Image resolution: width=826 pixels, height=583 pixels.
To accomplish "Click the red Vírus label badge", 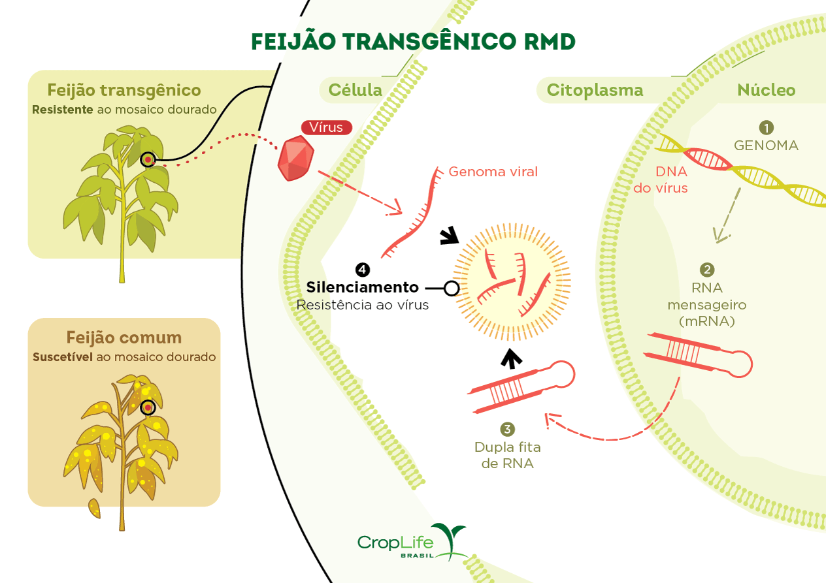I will pyautogui.click(x=326, y=127).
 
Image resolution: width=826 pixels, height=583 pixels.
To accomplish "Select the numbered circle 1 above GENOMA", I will pyautogui.click(x=766, y=127).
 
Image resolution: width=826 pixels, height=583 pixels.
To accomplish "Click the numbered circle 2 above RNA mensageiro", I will pyautogui.click(x=706, y=270).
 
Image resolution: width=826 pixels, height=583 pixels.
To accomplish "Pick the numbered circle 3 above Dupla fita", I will pyautogui.click(x=507, y=429).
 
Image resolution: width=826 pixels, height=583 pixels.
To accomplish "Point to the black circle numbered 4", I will pyautogui.click(x=362, y=269).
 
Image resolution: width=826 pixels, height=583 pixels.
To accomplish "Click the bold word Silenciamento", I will pyautogui.click(x=362, y=287).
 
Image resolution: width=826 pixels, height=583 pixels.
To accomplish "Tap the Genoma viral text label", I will pyautogui.click(x=493, y=172).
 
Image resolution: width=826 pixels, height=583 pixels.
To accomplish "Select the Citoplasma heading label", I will pyautogui.click(x=595, y=90).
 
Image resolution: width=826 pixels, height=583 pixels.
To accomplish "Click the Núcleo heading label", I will pyautogui.click(x=766, y=90).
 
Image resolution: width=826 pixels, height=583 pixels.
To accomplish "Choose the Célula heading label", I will pyautogui.click(x=355, y=90).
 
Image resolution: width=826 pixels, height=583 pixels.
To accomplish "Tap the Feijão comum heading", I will pyautogui.click(x=124, y=338).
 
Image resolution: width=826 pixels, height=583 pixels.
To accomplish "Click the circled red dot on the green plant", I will pyautogui.click(x=148, y=159).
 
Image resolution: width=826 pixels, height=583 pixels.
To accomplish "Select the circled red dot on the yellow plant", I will pyautogui.click(x=148, y=407).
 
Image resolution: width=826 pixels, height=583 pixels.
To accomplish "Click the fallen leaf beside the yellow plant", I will pyautogui.click(x=95, y=508).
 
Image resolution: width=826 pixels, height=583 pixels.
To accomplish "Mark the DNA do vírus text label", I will pyautogui.click(x=661, y=180).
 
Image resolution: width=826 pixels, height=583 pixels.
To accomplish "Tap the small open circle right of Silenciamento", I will pyautogui.click(x=451, y=287).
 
